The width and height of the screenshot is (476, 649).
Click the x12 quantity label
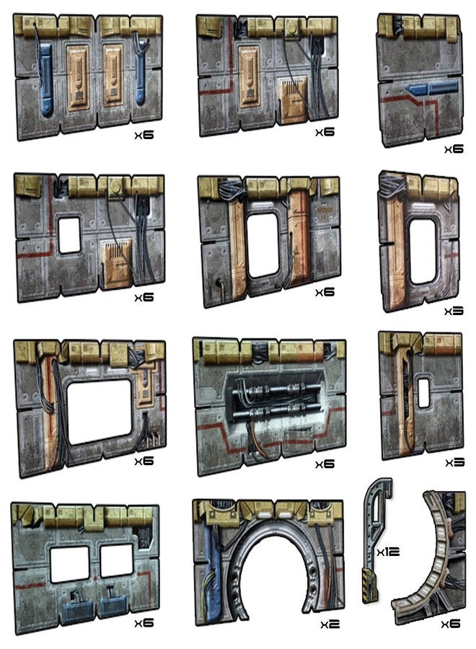tap(388, 552)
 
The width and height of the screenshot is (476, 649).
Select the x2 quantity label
tap(330, 624)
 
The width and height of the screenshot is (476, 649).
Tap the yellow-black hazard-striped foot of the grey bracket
tap(370, 586)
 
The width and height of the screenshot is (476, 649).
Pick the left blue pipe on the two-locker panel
tap(45, 79)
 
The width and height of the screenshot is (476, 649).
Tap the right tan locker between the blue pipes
tap(113, 75)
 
